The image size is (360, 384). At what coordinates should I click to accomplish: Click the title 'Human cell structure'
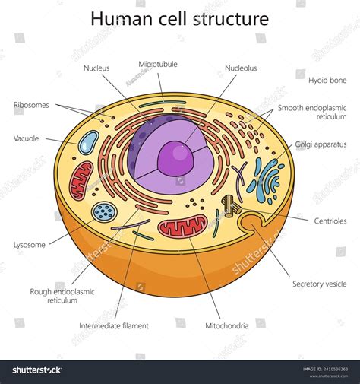tap(179, 18)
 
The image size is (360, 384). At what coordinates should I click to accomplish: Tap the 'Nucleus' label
tap(96, 68)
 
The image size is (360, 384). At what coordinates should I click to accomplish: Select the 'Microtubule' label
tap(158, 65)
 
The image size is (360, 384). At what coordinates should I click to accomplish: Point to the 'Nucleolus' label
tap(241, 68)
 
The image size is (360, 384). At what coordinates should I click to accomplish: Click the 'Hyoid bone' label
tap(327, 79)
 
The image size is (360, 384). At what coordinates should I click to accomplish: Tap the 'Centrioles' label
tap(330, 221)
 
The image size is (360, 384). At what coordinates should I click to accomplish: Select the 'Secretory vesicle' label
tap(320, 284)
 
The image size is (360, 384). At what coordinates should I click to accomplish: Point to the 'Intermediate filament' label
tap(114, 325)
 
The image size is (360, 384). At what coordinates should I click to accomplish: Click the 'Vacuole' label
tap(27, 138)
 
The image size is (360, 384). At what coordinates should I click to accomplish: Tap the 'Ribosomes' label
tap(31, 105)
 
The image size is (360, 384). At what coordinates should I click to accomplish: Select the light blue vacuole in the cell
tap(90, 142)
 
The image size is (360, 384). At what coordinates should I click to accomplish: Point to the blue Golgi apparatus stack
tap(266, 179)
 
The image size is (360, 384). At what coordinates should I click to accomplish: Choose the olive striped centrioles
tap(230, 205)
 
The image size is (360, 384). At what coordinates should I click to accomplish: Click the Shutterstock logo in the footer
tap(36, 370)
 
